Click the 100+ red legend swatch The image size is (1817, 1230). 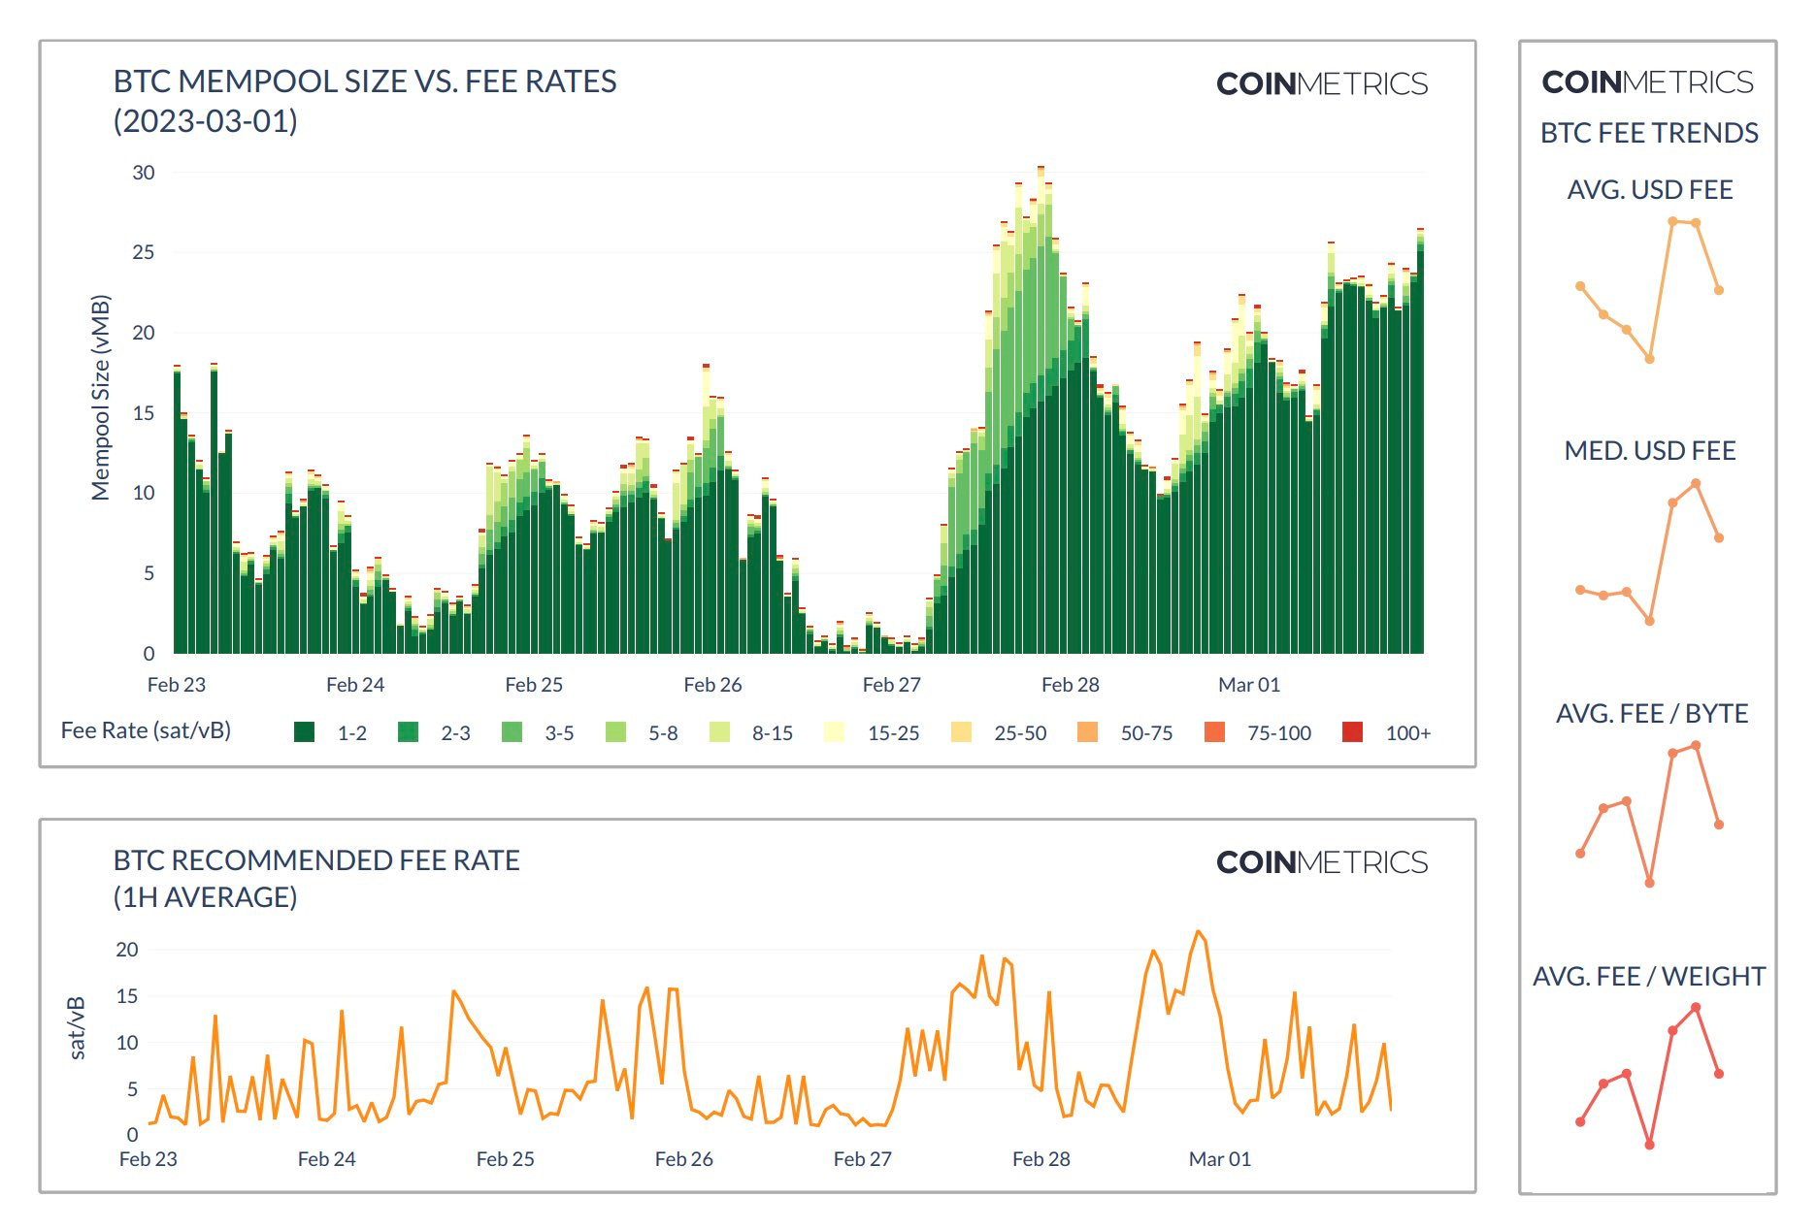(x=1352, y=732)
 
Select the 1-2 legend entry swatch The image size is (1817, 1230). (x=304, y=732)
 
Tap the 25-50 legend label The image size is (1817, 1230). (x=1020, y=733)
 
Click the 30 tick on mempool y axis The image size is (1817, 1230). (x=143, y=173)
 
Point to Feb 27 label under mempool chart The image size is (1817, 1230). (x=891, y=685)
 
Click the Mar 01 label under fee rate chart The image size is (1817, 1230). (x=1219, y=1159)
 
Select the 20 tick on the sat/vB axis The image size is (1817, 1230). (x=127, y=950)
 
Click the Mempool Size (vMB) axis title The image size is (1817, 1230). (x=100, y=398)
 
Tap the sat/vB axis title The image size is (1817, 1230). (x=77, y=1027)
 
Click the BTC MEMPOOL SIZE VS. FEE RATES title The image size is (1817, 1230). (x=365, y=81)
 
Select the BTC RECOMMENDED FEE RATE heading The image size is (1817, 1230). (x=316, y=860)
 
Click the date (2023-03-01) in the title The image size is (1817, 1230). (x=205, y=121)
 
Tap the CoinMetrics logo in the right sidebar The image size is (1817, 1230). (x=1647, y=82)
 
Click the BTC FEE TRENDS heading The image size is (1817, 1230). (x=1648, y=133)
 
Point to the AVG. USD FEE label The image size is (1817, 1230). (x=1649, y=190)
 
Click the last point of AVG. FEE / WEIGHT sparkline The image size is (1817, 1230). (x=1718, y=1074)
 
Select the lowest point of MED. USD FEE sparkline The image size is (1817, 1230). (x=1649, y=621)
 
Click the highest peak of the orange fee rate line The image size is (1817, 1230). (x=1199, y=932)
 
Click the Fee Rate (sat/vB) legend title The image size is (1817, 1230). (x=146, y=730)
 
